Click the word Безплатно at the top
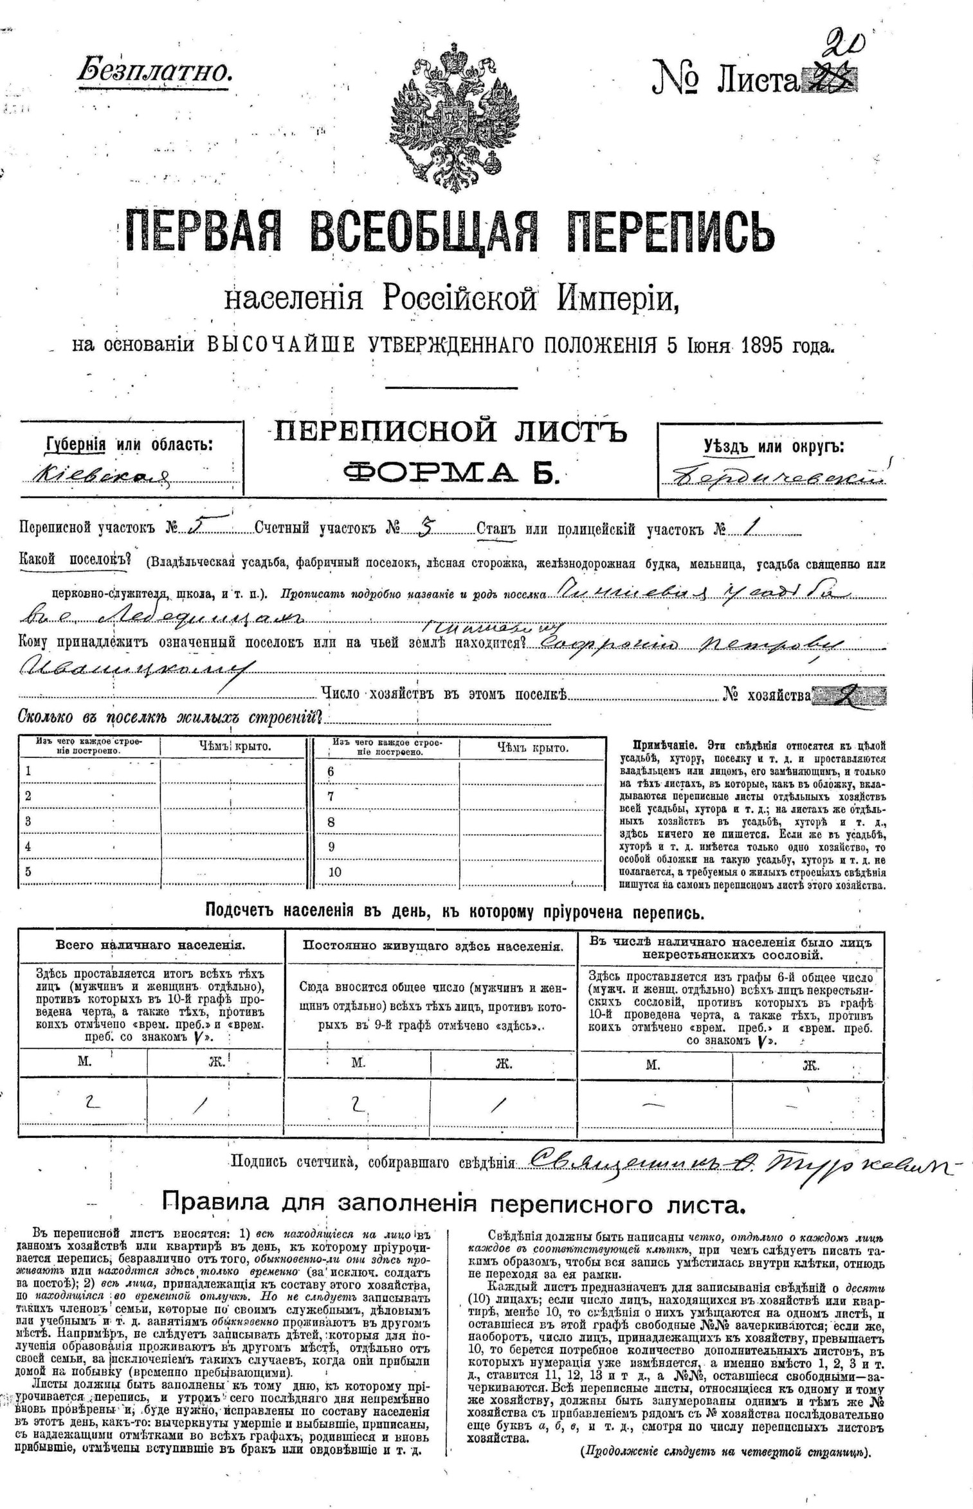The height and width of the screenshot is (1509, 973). click(154, 70)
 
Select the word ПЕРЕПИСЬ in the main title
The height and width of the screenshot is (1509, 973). click(673, 232)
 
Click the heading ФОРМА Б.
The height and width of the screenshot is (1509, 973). click(451, 474)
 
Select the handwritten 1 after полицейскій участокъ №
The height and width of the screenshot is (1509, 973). click(748, 528)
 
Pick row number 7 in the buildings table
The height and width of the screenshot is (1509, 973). click(331, 796)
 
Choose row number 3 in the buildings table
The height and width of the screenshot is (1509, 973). click(28, 821)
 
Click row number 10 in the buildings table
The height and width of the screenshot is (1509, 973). click(334, 872)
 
